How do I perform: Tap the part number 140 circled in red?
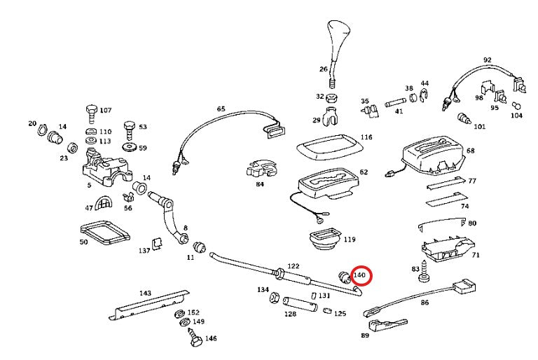click(360, 276)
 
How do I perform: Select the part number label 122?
click(294, 267)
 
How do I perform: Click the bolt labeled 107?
click(90, 111)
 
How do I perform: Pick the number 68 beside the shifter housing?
click(470, 151)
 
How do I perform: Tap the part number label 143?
click(145, 293)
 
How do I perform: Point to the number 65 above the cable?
click(221, 109)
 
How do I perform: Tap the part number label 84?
click(259, 185)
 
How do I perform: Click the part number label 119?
click(349, 240)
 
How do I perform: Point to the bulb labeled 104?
click(516, 106)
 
